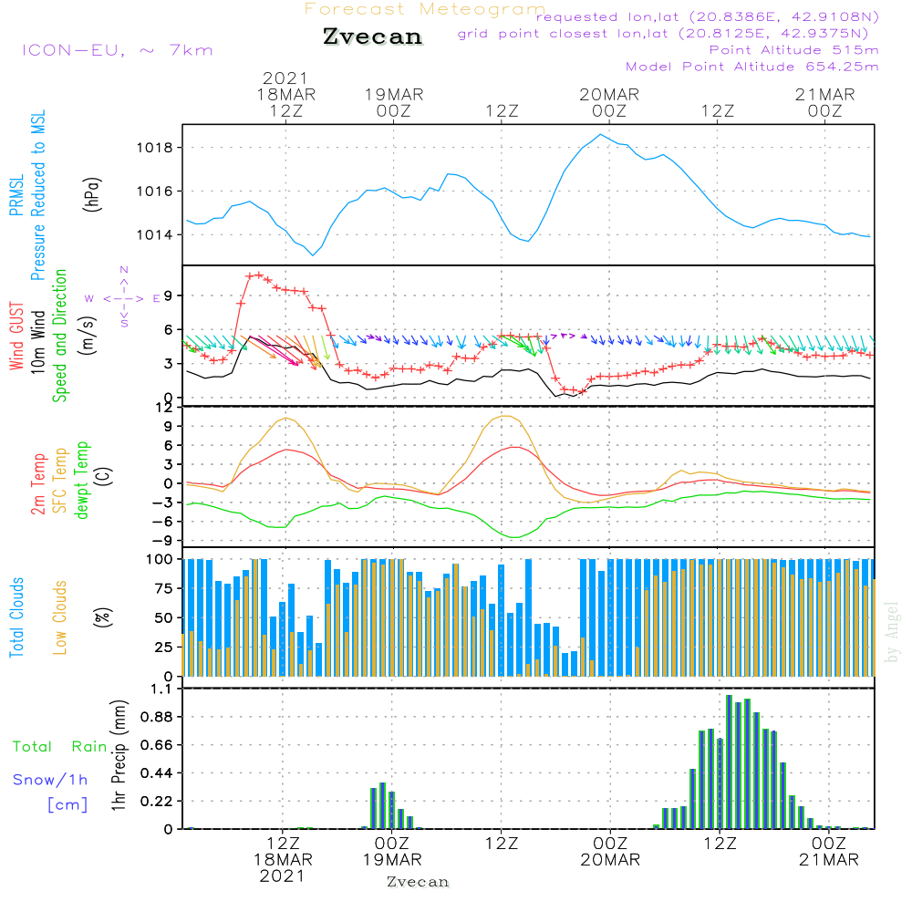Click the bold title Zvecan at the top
click(x=372, y=36)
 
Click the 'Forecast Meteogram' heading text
click(x=425, y=9)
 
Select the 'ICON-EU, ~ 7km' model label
click(x=117, y=50)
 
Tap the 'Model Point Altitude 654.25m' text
click(x=752, y=67)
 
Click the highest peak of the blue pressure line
click(x=600, y=134)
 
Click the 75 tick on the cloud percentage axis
click(x=165, y=588)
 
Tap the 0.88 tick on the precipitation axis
click(x=159, y=717)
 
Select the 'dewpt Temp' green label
click(x=82, y=481)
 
